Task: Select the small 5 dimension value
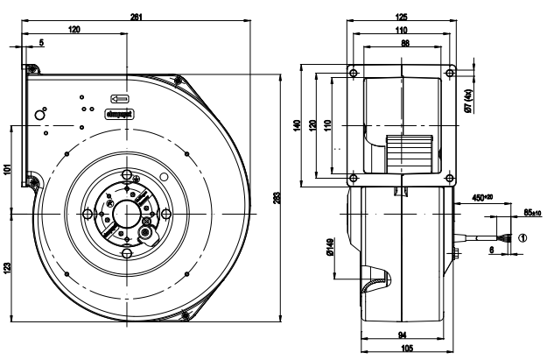[x=41, y=43]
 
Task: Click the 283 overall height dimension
[x=278, y=199]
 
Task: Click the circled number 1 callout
[x=523, y=236]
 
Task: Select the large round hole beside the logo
[x=40, y=115]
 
